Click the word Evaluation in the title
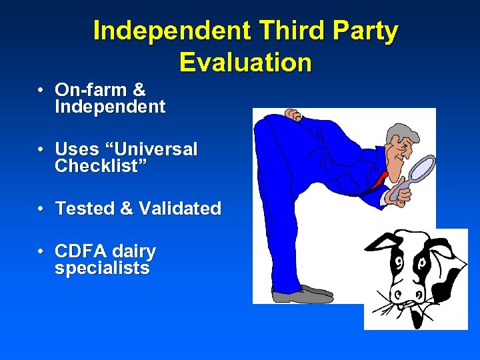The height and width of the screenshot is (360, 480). click(245, 62)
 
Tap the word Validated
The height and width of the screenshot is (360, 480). click(180, 209)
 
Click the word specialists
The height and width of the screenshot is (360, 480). click(102, 269)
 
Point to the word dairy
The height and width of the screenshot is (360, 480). click(134, 253)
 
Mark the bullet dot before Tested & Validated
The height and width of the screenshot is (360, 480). click(41, 209)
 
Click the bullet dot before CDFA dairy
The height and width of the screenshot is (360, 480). click(41, 252)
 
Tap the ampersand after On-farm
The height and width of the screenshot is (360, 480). click(139, 89)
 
